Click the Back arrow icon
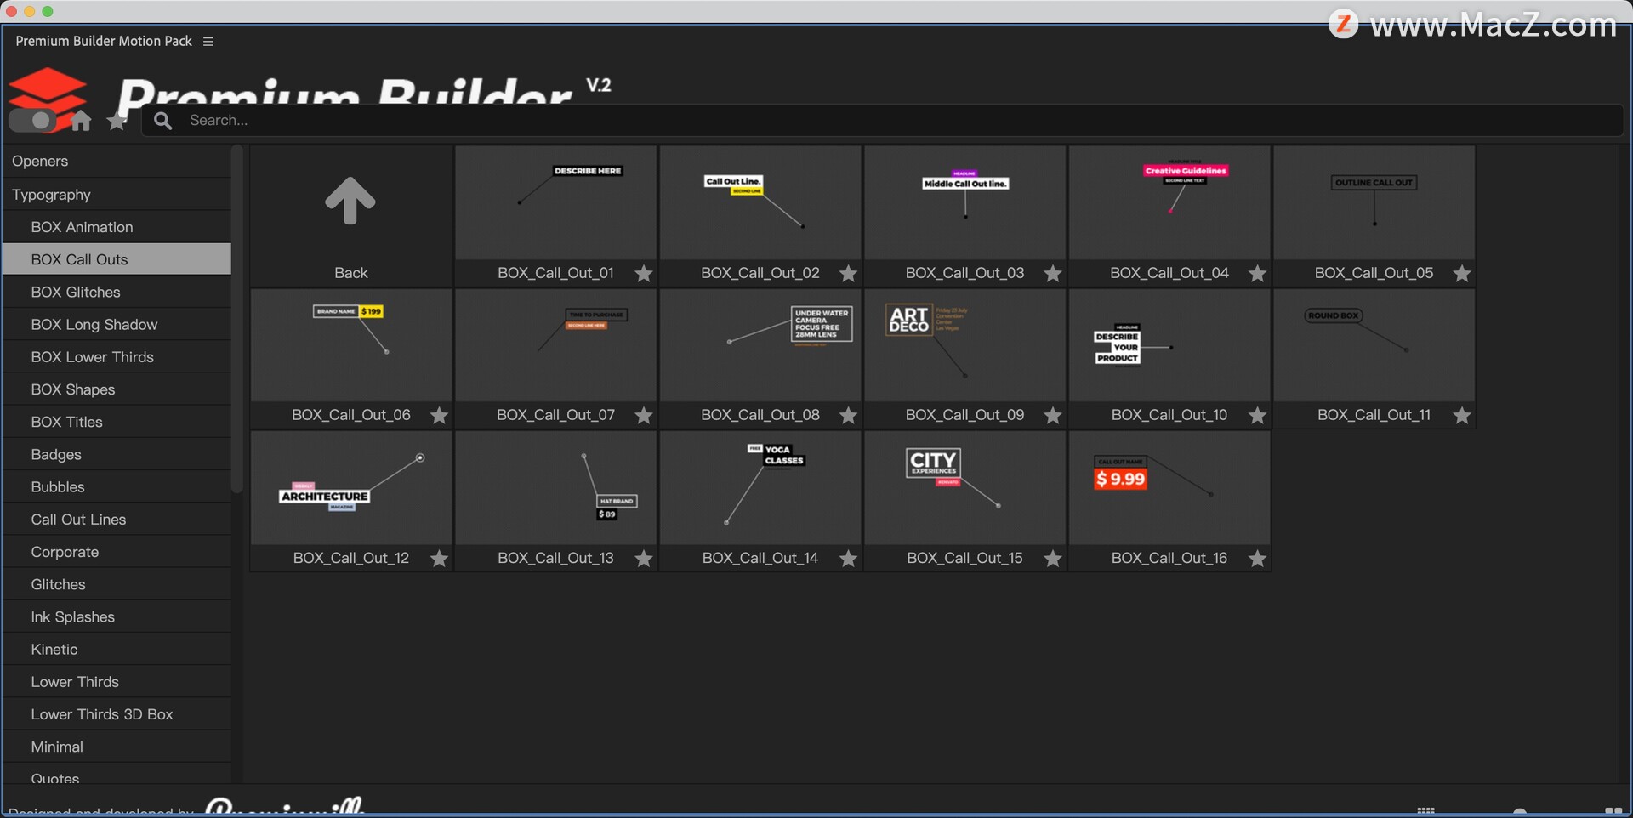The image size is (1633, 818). click(350, 202)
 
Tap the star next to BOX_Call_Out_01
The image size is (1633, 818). click(644, 274)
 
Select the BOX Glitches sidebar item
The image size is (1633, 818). click(76, 292)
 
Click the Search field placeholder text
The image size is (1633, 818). click(219, 121)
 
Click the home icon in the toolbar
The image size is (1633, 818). click(81, 121)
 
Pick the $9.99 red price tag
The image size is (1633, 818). click(1120, 479)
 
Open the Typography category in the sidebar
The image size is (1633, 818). click(51, 195)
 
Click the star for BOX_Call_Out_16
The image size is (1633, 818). click(1257, 559)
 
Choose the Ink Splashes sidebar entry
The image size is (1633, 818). click(72, 616)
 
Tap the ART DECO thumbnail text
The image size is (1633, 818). click(908, 320)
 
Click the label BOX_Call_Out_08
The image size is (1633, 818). click(760, 415)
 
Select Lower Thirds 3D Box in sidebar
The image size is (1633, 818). click(102, 714)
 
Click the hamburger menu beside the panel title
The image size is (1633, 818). click(208, 41)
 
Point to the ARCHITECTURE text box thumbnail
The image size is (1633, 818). click(324, 497)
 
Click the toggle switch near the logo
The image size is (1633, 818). click(31, 121)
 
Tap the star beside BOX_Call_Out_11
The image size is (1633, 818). click(1461, 416)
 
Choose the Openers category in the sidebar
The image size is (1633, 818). click(40, 161)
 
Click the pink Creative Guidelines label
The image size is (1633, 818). click(1186, 171)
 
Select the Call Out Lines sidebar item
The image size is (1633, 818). click(78, 520)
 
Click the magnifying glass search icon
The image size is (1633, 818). click(162, 121)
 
